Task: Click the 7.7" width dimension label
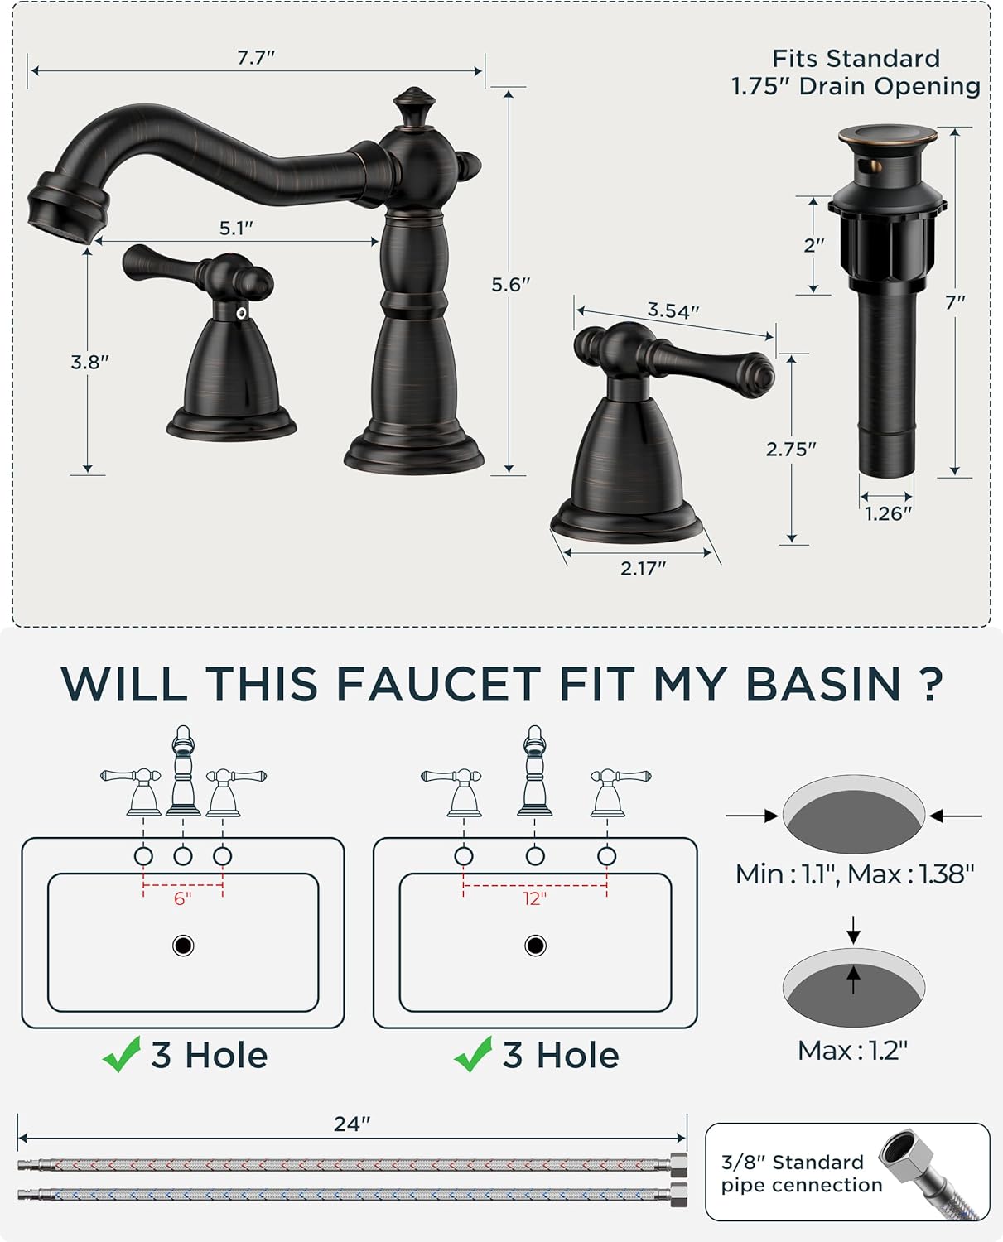[x=255, y=57]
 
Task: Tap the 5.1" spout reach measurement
[x=236, y=228]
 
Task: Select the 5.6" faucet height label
[x=510, y=284]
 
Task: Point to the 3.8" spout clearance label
[x=89, y=362]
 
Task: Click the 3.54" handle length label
[x=673, y=310]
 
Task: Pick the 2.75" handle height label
[x=790, y=449]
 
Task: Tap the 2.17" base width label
[x=643, y=568]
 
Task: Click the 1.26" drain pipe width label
[x=888, y=514]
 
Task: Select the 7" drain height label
[x=955, y=303]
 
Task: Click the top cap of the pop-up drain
[x=887, y=135]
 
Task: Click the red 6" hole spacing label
[x=182, y=898]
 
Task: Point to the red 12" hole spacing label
[x=534, y=898]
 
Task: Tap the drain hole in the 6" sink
[x=183, y=946]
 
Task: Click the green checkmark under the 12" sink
[x=473, y=1055]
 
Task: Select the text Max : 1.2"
[x=852, y=1051]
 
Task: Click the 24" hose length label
[x=351, y=1124]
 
